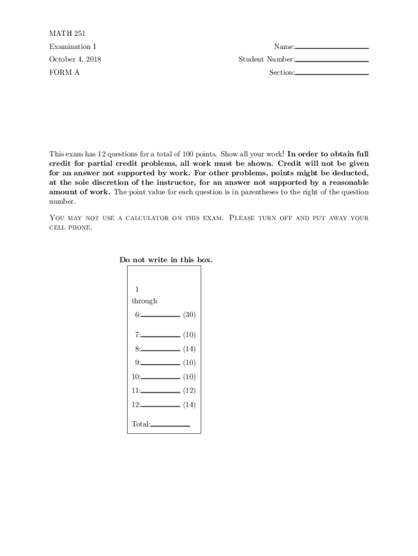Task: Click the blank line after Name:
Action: click(332, 48)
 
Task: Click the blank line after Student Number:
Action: click(332, 61)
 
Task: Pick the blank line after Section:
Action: click(332, 74)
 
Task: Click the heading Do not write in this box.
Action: click(166, 260)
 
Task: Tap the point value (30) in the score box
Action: click(189, 314)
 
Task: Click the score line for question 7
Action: click(161, 336)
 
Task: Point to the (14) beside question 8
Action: click(189, 349)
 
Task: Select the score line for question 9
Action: click(161, 364)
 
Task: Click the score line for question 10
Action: click(161, 378)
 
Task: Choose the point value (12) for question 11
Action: click(189, 390)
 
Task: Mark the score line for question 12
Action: click(161, 406)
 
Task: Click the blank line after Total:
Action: click(170, 426)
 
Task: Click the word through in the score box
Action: click(144, 301)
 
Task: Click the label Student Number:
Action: click(267, 60)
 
